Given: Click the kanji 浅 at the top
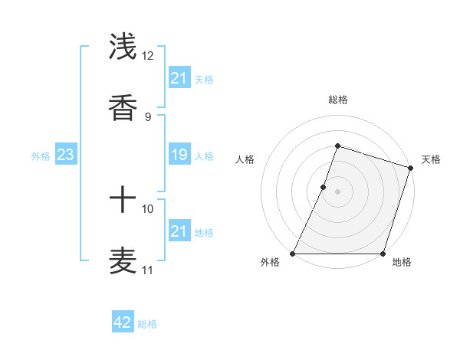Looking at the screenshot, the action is click(x=123, y=48).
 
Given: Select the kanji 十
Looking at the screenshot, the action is click(x=123, y=201).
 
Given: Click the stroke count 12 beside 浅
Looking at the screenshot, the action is click(x=148, y=56).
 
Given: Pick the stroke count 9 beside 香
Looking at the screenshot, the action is click(x=148, y=116).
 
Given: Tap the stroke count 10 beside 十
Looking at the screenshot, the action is click(x=148, y=208).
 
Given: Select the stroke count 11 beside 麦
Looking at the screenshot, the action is click(x=148, y=270).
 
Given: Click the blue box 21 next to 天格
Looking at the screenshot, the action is click(x=179, y=77).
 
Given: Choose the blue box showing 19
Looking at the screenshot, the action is click(x=179, y=155).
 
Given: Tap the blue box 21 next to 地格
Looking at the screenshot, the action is click(x=179, y=231).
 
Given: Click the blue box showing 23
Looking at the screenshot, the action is click(x=66, y=155).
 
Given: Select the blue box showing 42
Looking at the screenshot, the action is click(x=123, y=322).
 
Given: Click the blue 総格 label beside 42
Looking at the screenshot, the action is click(x=147, y=324).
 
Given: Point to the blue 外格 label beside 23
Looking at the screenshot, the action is click(x=41, y=156).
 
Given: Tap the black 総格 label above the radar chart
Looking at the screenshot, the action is click(x=337, y=100).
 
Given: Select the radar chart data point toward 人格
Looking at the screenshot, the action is click(x=324, y=187).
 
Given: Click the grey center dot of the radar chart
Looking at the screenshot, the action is click(x=337, y=191).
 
